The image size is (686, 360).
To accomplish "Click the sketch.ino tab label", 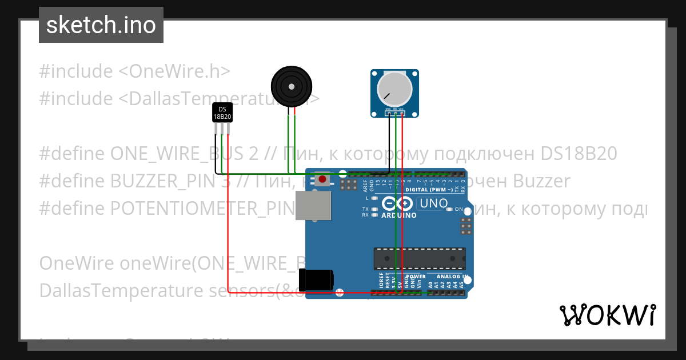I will [x=101, y=25].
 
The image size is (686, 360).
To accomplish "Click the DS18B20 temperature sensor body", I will [x=222, y=113].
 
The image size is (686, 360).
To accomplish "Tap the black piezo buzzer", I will [x=292, y=87].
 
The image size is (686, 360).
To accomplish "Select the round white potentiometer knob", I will [x=394, y=89].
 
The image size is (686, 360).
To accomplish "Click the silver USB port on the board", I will [x=313, y=206].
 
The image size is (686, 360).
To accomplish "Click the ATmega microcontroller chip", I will [x=420, y=258].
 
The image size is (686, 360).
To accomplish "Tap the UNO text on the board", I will [x=433, y=203].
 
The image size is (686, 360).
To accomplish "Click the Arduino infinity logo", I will [x=397, y=204].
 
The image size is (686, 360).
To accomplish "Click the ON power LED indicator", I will [x=450, y=209].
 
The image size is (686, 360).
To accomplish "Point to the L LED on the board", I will [x=374, y=198].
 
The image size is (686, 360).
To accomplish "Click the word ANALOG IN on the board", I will [x=451, y=276].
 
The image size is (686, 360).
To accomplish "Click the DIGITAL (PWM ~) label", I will [x=429, y=189].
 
